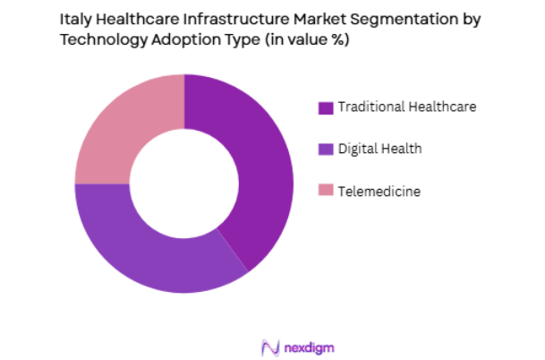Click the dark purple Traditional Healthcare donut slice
coord(260,170)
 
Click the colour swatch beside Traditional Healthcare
coord(325,107)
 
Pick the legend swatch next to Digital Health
coord(325,149)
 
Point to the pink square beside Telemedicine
coord(325,190)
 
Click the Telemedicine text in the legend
coord(379,190)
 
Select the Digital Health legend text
coord(380,149)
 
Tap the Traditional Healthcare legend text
coord(407,107)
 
